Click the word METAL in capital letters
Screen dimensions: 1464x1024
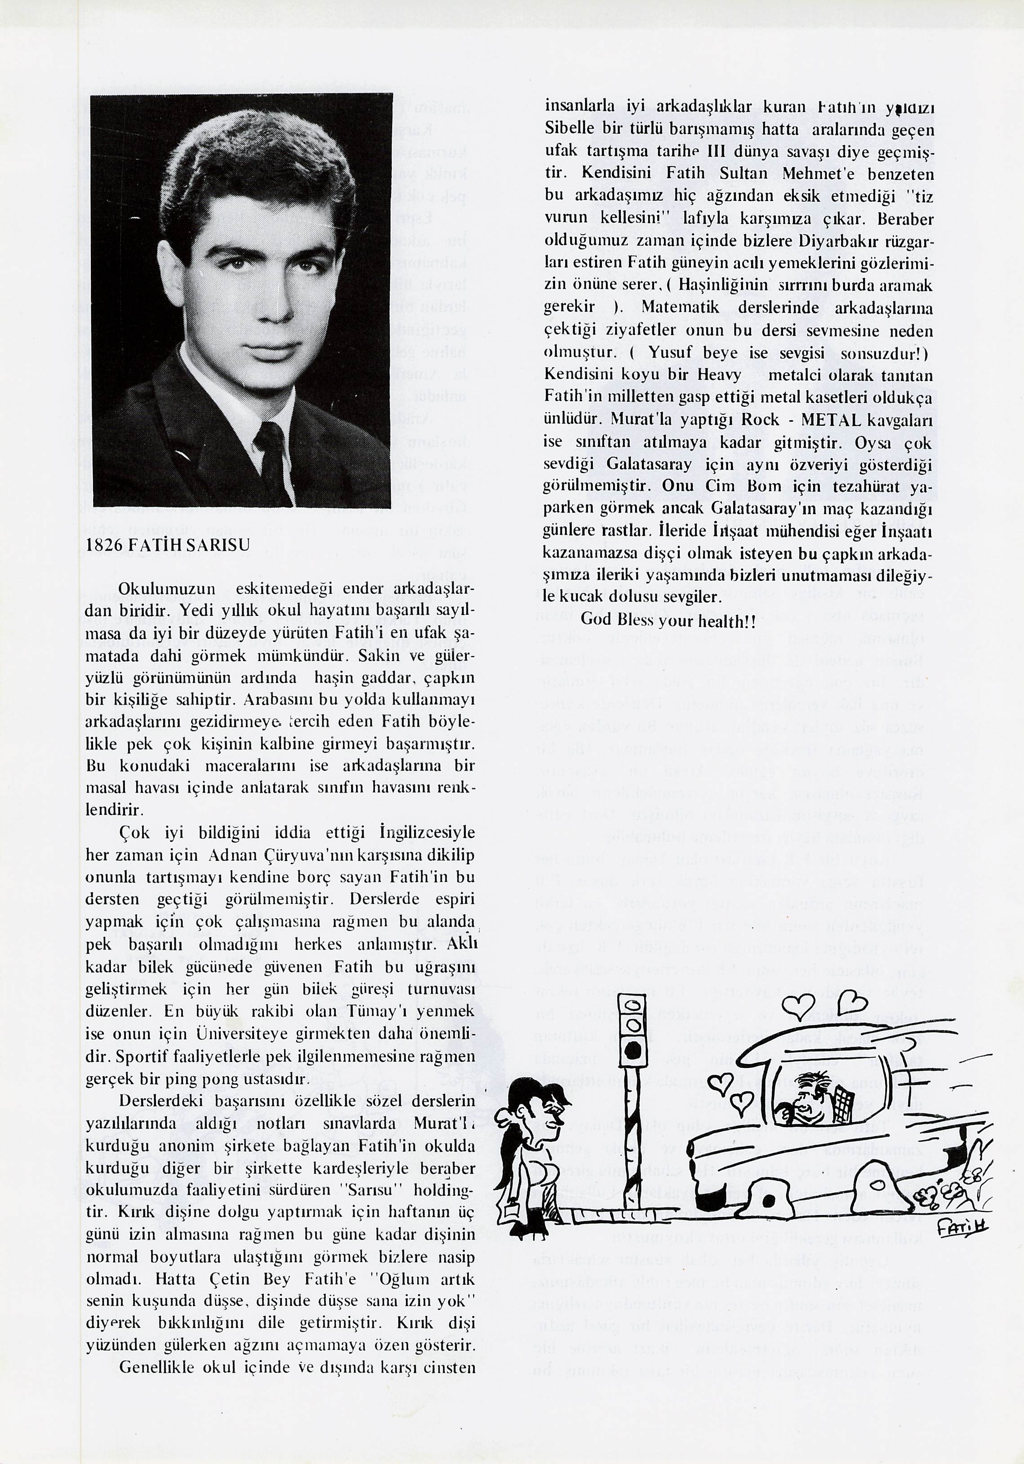(x=823, y=420)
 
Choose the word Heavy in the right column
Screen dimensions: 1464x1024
(x=719, y=375)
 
